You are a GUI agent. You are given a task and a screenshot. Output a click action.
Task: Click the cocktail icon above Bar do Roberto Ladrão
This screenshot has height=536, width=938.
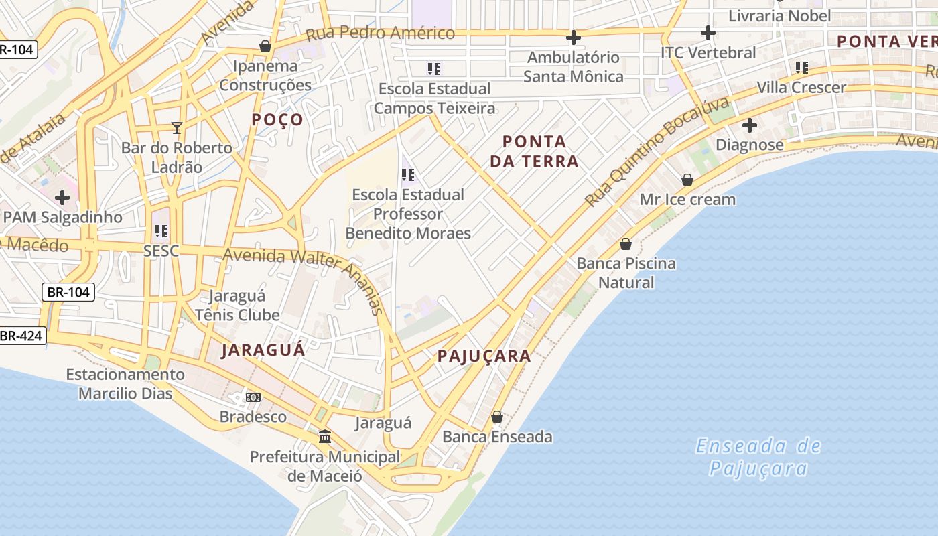(177, 127)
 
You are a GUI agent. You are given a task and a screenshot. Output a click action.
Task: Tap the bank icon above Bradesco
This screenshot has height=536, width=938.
(253, 397)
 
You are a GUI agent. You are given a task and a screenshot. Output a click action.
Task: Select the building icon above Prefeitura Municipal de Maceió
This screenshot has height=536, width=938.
(325, 437)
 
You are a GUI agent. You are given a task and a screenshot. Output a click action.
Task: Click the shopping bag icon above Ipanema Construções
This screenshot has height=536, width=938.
(265, 46)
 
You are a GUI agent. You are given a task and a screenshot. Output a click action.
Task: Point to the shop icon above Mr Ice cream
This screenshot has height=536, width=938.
(687, 180)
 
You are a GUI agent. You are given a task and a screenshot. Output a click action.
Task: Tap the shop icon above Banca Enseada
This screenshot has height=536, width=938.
(497, 417)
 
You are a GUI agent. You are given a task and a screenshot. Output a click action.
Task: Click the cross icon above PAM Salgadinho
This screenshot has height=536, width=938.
(62, 198)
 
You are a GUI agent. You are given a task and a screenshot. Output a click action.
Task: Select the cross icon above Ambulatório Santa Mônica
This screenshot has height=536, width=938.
(574, 37)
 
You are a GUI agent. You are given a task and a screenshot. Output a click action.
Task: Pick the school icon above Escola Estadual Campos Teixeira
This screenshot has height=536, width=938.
(434, 68)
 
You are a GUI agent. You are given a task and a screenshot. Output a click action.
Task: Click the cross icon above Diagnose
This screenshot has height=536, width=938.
(750, 125)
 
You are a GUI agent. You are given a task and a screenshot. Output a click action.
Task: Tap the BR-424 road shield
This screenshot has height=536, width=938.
(21, 336)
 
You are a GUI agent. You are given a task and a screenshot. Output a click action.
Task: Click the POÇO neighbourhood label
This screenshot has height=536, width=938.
(277, 120)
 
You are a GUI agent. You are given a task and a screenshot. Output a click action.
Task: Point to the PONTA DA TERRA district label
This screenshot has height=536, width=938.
(534, 151)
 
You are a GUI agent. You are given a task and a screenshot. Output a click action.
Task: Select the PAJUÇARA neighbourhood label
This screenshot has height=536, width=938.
(484, 356)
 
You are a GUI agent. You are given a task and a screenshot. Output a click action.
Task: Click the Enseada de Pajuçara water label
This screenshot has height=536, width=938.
(758, 457)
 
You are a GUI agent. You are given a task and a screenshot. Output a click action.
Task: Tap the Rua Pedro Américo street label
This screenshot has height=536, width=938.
(380, 33)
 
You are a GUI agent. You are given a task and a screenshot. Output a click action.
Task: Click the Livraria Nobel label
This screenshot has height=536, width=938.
(779, 15)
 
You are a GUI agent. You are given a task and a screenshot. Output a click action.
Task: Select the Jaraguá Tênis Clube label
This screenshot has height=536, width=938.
(237, 305)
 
